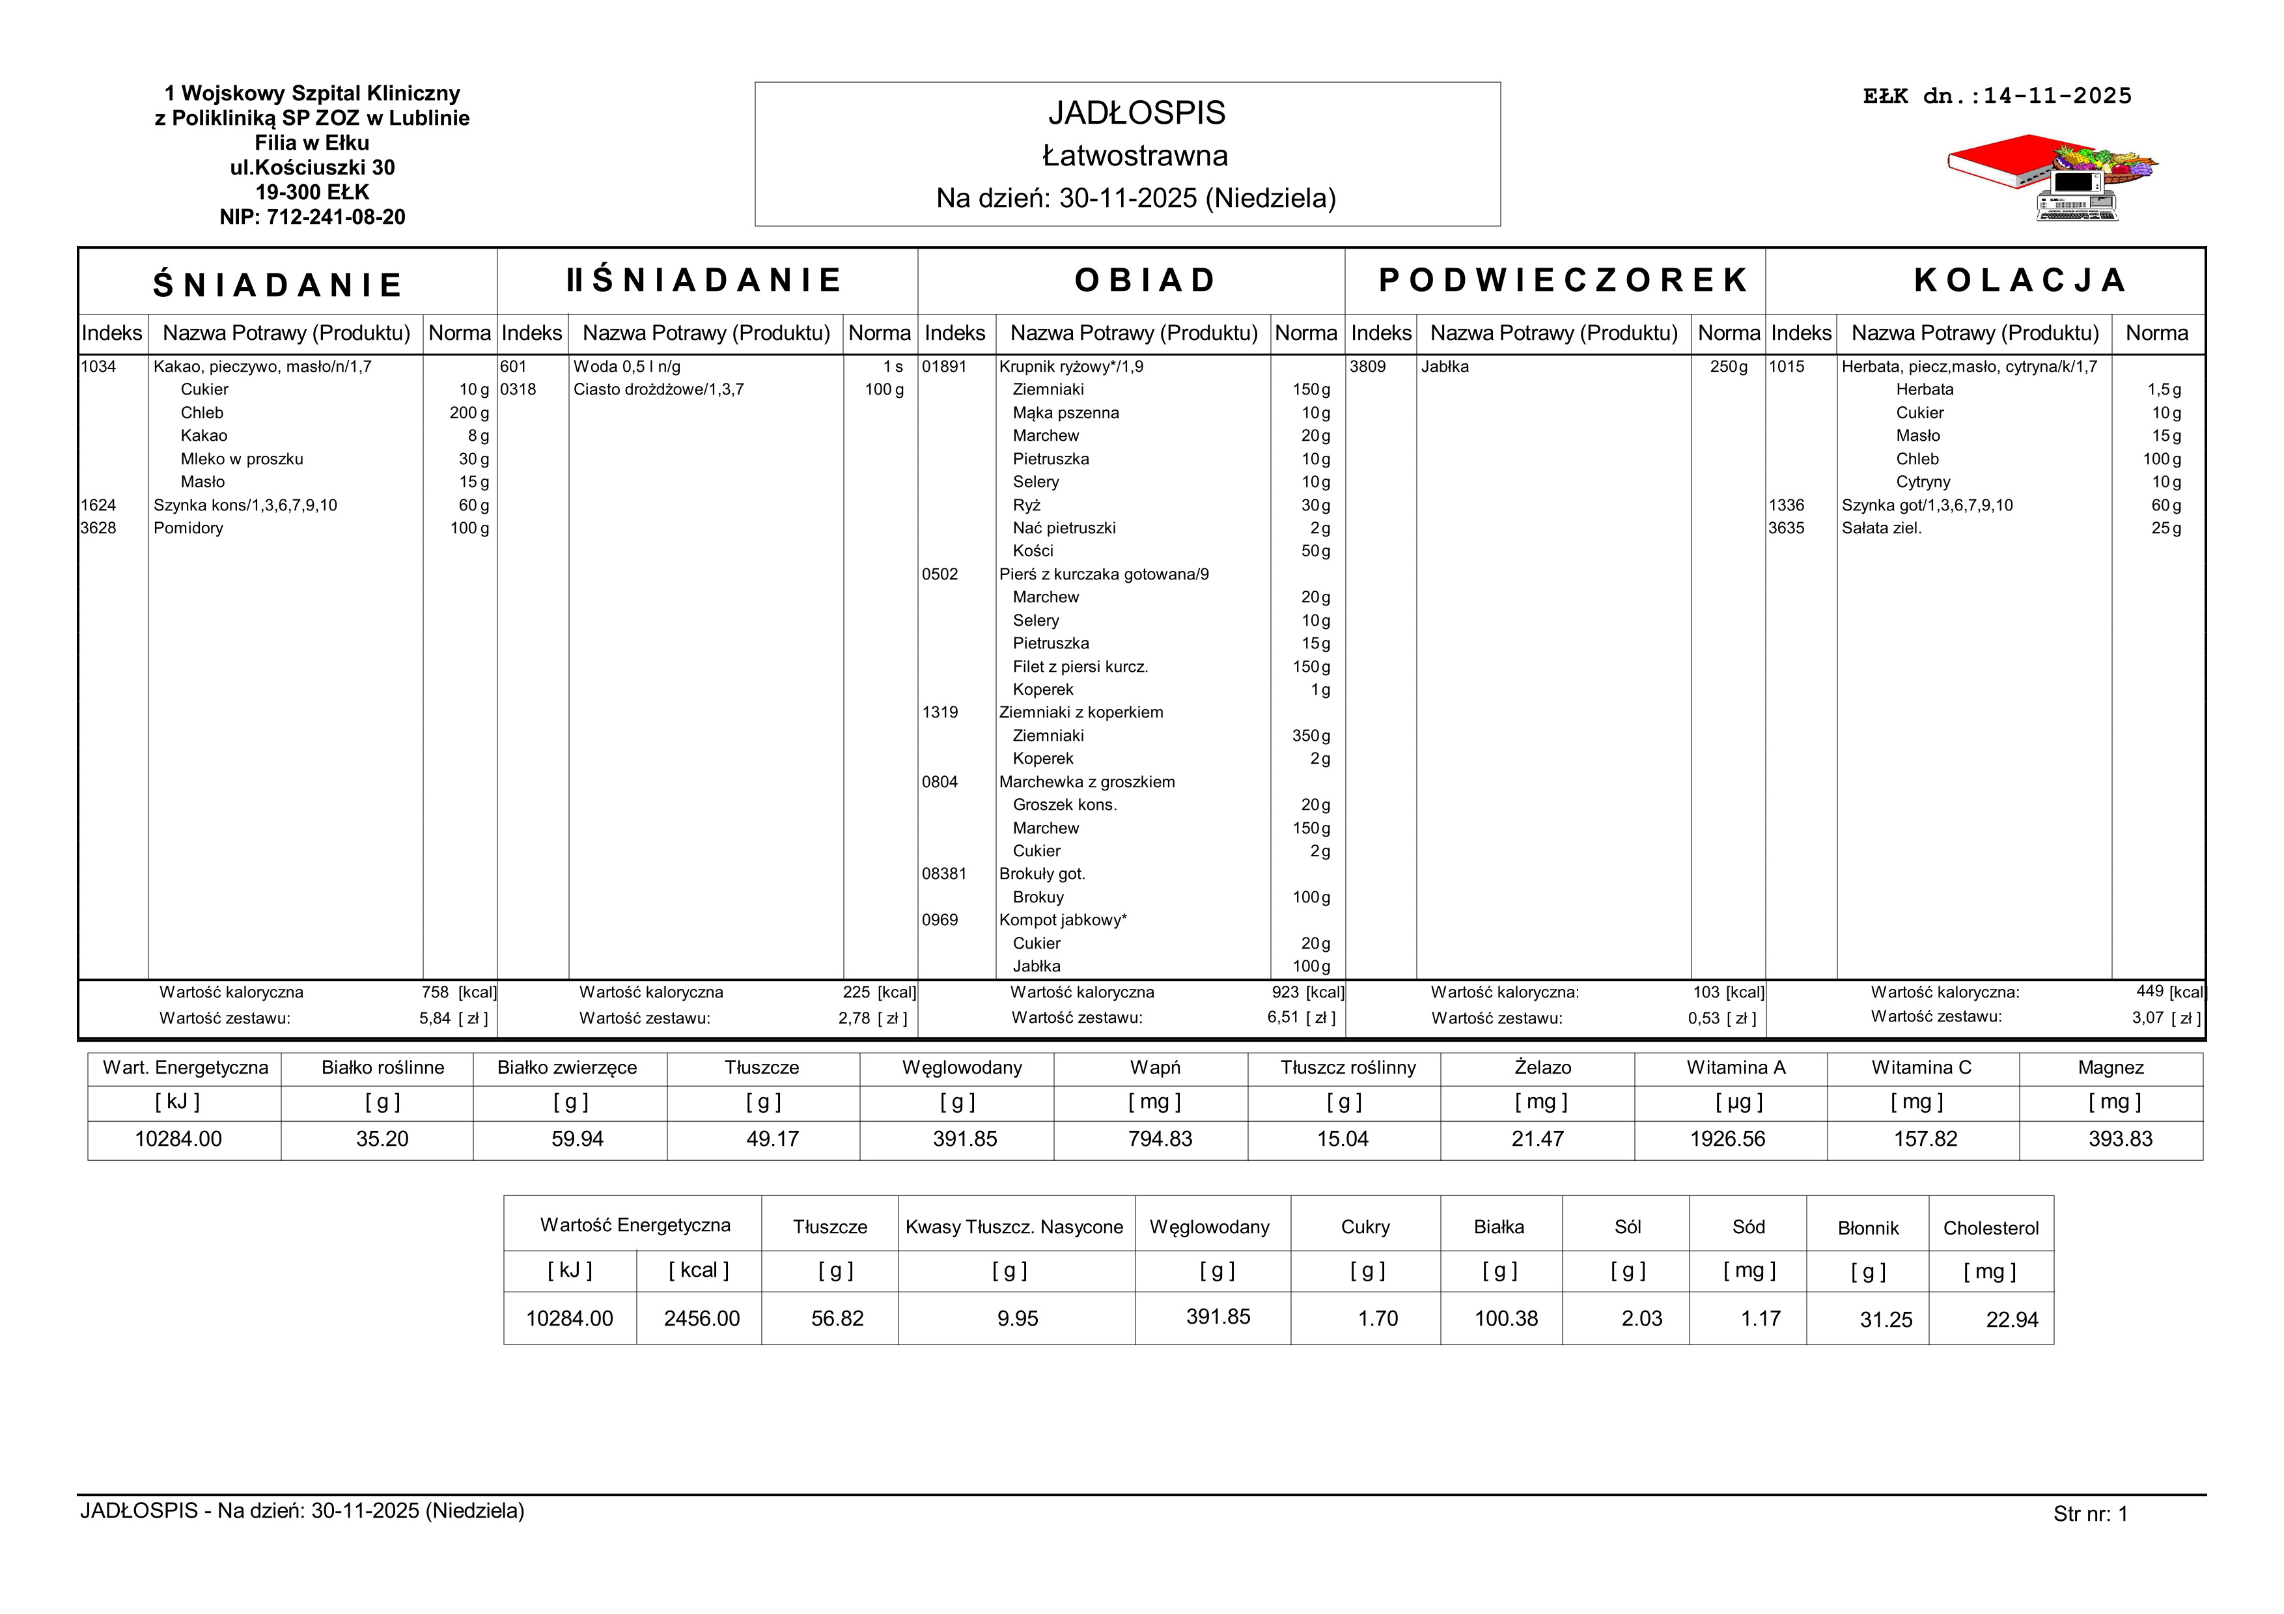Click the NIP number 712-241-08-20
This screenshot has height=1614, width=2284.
click(x=335, y=217)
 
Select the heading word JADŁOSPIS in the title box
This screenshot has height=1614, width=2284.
click(x=1136, y=113)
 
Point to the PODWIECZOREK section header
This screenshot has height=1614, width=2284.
click(x=1563, y=281)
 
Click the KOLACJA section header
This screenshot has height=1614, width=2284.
click(x=2020, y=281)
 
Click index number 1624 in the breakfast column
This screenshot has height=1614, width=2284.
click(x=98, y=505)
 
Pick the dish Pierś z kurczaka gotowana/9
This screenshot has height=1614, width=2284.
click(x=1103, y=574)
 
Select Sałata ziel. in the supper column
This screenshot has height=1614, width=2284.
click(x=1881, y=528)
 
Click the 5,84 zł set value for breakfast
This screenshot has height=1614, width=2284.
click(x=435, y=1018)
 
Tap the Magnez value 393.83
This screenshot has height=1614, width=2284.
click(x=2120, y=1139)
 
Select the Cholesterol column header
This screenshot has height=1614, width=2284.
click(x=1990, y=1228)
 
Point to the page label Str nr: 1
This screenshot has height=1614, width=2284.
click(x=2090, y=1514)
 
